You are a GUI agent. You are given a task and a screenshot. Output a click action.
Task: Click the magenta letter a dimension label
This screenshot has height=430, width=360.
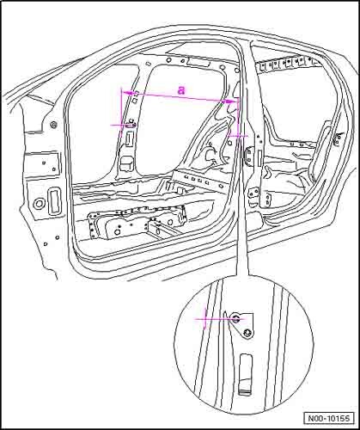[x=181, y=90]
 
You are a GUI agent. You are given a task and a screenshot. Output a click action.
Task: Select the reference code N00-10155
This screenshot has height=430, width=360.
[x=329, y=418]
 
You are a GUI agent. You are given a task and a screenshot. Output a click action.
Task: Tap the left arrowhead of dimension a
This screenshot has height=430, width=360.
[x=127, y=93]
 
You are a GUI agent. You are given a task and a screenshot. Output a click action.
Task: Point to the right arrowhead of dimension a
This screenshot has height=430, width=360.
[x=230, y=101]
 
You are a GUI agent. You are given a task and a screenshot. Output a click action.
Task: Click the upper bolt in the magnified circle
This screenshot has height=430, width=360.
[x=236, y=318]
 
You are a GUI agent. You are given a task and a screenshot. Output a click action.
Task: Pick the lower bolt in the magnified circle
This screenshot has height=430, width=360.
[x=247, y=333]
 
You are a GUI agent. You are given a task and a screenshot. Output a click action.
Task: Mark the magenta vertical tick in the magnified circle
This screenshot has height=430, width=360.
[x=205, y=318]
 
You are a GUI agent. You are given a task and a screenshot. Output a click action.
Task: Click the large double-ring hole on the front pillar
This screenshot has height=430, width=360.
[x=39, y=204]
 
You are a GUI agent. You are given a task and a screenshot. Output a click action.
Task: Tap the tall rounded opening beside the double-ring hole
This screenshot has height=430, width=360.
[x=54, y=201]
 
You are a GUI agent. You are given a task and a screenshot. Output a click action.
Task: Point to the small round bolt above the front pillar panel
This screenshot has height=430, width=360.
[x=53, y=125]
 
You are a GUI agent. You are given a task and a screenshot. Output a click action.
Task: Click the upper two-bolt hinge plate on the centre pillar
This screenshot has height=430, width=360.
[x=248, y=155]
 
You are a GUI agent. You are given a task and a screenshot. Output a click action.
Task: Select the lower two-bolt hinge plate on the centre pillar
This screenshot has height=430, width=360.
[x=253, y=193]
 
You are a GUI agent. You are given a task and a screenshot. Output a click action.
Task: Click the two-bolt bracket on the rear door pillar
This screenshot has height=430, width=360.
[x=338, y=138]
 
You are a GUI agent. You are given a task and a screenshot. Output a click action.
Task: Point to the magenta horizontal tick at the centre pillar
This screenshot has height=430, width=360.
[x=238, y=137]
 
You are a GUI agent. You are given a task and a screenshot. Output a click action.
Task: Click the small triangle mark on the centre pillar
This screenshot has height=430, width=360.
[x=258, y=135]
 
